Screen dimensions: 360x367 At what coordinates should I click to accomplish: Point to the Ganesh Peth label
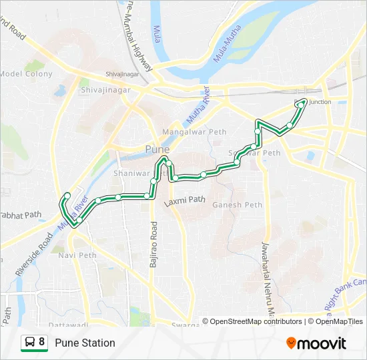(237, 205)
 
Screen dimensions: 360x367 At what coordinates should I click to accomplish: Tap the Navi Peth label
(77, 255)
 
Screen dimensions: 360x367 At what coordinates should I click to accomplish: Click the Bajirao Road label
(153, 245)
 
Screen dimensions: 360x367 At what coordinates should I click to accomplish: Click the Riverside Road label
(33, 254)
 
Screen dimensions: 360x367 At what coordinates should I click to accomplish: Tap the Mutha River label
(198, 107)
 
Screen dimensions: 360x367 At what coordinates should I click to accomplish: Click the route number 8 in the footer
(42, 343)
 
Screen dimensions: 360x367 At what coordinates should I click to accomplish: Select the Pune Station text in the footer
(85, 343)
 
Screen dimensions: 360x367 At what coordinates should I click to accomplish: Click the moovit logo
(316, 343)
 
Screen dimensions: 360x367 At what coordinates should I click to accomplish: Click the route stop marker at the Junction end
(304, 101)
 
